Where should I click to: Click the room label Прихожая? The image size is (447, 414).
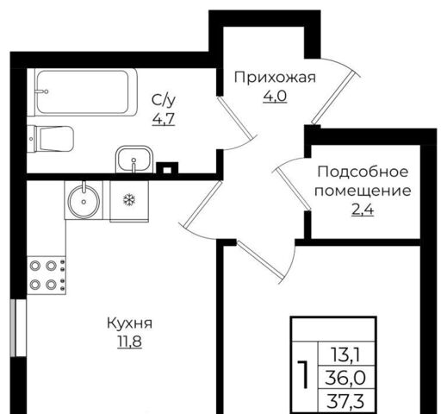pos(275,78)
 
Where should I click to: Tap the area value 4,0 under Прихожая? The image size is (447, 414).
pos(275,97)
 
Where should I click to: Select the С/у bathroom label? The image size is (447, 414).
pos(164,100)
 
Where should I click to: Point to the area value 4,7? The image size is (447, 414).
pos(164,119)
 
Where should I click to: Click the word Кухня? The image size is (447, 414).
pos(130,323)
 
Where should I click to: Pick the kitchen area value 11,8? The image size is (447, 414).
pos(130,342)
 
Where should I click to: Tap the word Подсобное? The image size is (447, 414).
pos(363,172)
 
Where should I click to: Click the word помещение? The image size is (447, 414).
pos(363,191)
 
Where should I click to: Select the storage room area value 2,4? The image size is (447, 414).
pos(363,210)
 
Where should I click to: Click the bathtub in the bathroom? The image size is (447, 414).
pos(86,92)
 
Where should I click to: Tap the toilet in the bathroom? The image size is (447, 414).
pos(53,139)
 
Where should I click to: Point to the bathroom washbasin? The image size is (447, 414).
pos(134,160)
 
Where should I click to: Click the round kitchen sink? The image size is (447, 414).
pos(84,200)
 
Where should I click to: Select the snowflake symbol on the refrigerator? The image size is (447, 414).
pos(129,199)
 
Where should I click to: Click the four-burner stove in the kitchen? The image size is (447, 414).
pos(47,275)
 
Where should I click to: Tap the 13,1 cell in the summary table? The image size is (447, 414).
pos(345,354)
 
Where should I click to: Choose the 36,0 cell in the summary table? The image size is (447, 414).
pos(345,378)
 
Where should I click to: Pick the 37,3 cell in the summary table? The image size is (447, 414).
pos(345,401)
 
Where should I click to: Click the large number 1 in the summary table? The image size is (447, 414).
pos(303,373)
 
